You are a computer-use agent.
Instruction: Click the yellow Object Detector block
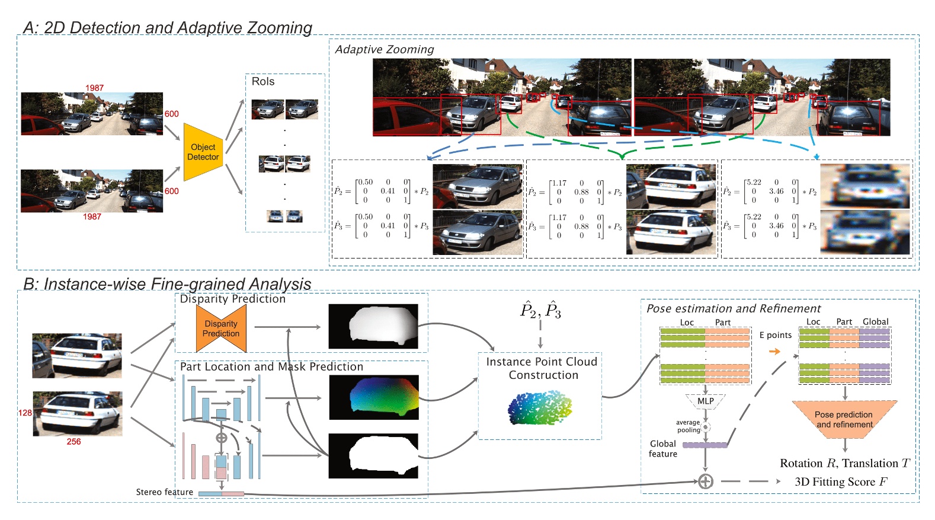pyautogui.click(x=203, y=152)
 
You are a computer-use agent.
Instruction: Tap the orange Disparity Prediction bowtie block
pyautogui.click(x=221, y=328)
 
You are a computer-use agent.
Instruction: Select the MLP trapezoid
pyautogui.click(x=705, y=401)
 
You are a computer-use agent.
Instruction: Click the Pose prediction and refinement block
pyautogui.click(x=844, y=419)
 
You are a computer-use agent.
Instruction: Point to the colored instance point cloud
pyautogui.click(x=540, y=407)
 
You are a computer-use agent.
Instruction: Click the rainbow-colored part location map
pyautogui.click(x=374, y=397)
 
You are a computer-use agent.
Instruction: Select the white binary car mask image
pyautogui.click(x=373, y=456)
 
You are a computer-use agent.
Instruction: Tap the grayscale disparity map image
pyautogui.click(x=373, y=326)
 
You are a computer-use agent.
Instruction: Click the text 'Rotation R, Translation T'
pyautogui.click(x=844, y=463)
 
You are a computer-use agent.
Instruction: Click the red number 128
pyautogui.click(x=25, y=413)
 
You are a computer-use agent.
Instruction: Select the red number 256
pyautogui.click(x=73, y=442)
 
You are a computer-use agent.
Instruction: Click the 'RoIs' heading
pyautogui.click(x=263, y=82)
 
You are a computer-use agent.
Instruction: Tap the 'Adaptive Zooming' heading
pyautogui.click(x=385, y=50)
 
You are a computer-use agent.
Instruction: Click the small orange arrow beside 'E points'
pyautogui.click(x=774, y=351)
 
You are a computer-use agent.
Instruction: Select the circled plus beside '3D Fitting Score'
pyautogui.click(x=705, y=481)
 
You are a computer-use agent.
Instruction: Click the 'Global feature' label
pyautogui.click(x=663, y=449)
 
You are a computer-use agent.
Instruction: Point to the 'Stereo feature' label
pyautogui.click(x=164, y=492)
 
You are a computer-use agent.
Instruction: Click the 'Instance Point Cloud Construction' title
pyautogui.click(x=542, y=368)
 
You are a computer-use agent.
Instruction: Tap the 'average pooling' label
pyautogui.click(x=688, y=426)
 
